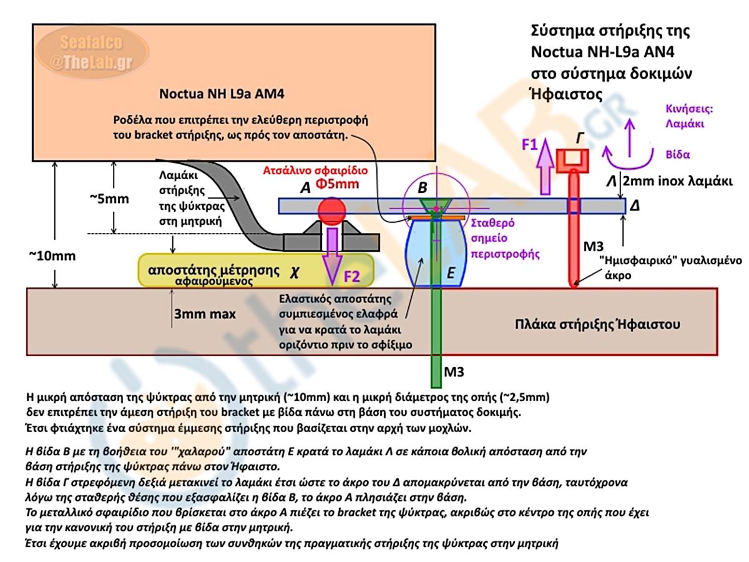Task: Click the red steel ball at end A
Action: coord(332,210)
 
